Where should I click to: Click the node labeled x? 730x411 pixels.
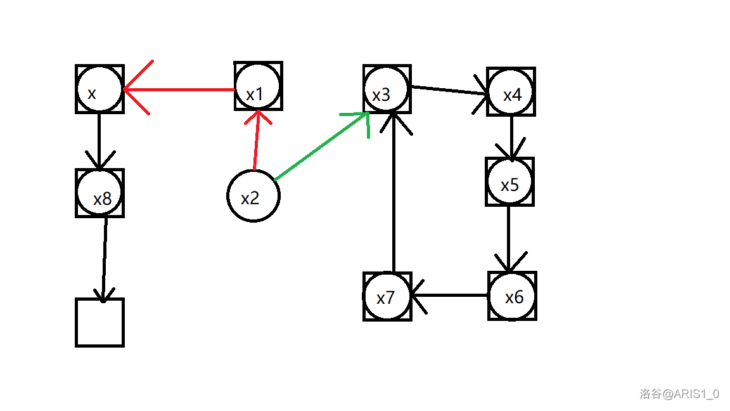(99, 89)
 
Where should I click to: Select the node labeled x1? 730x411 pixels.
(258, 86)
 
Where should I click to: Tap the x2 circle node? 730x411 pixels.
(253, 196)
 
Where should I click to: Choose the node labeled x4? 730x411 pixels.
(511, 92)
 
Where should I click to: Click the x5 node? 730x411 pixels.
(509, 182)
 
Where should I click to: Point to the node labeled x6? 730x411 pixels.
(512, 296)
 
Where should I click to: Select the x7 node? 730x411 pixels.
(387, 297)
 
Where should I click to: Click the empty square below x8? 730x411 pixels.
(99, 322)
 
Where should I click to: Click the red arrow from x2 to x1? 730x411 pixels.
(256, 143)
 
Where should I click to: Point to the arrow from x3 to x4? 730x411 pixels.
(450, 91)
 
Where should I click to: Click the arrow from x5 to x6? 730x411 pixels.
(509, 238)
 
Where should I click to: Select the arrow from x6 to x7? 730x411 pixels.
(450, 296)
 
